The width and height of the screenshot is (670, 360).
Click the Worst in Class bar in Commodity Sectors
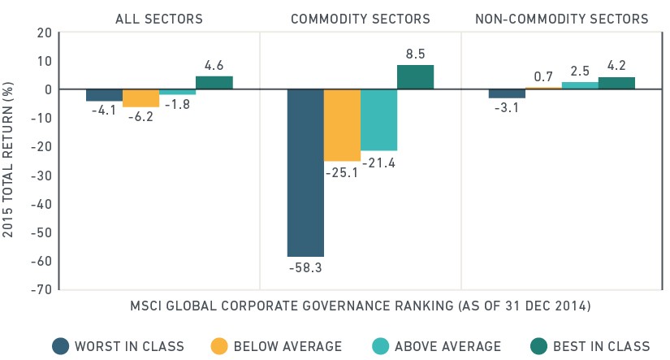(x=305, y=173)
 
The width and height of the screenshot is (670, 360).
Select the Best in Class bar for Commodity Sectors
(x=415, y=77)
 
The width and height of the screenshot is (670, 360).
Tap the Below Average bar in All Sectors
(x=141, y=98)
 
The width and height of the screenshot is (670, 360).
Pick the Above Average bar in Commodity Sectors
(x=379, y=120)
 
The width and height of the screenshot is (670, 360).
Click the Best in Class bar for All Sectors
(x=214, y=83)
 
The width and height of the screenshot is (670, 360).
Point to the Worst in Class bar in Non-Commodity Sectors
(x=507, y=93)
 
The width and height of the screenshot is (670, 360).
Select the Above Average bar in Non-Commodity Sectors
(x=580, y=85)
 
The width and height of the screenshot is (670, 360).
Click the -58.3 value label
(x=305, y=268)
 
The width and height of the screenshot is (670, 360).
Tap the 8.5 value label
(x=415, y=54)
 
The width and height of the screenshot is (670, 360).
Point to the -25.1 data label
(x=341, y=173)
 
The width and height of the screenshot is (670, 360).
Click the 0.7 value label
(x=543, y=77)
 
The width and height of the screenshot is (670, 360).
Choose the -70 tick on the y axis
(x=41, y=290)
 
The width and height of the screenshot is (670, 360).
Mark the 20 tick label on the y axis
(x=44, y=33)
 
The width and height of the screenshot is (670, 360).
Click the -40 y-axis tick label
(x=41, y=204)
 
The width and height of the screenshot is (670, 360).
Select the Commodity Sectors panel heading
(x=361, y=20)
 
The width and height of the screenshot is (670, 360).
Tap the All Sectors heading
(x=159, y=20)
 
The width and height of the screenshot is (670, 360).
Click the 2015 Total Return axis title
(x=7, y=159)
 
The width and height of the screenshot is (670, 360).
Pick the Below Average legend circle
(x=219, y=346)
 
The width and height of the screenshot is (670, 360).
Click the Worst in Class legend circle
(x=61, y=346)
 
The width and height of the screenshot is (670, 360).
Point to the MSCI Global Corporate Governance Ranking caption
(x=361, y=306)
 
